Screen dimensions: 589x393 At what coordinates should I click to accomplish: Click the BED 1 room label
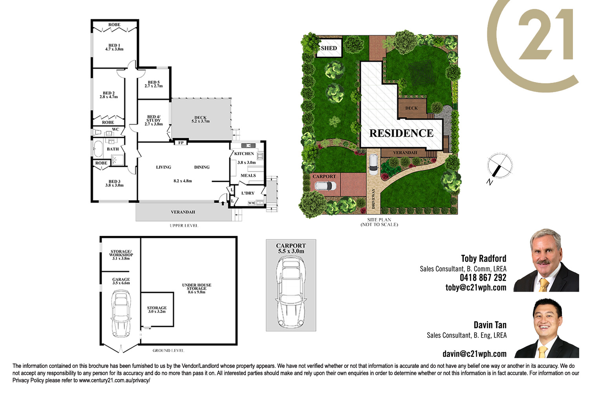pos(114,45)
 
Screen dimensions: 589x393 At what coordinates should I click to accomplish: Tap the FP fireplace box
pos(181,143)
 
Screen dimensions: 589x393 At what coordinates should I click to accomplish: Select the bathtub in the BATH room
pos(98,149)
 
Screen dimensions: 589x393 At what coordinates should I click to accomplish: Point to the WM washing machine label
pos(251,203)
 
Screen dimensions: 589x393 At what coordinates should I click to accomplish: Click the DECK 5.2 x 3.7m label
pos(200,119)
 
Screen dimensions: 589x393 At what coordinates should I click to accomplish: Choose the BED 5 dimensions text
pos(154,86)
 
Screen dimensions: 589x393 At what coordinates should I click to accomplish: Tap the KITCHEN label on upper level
pos(244,154)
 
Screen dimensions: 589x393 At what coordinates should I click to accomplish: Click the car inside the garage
pos(121,313)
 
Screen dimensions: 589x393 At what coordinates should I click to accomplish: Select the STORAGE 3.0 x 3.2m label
pos(157,310)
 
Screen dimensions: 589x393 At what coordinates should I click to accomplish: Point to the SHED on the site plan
pos(329,48)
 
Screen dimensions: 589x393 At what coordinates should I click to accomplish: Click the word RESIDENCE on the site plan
pos(401,133)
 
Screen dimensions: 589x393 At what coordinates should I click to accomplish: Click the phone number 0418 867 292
pos(483,278)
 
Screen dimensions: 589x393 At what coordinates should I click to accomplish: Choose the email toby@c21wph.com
pos(476,287)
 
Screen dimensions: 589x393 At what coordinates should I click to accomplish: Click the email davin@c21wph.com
pos(475,354)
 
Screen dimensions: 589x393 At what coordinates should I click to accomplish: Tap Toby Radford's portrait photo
pos(547,260)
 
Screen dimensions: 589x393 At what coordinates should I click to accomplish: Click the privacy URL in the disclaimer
pos(115,380)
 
